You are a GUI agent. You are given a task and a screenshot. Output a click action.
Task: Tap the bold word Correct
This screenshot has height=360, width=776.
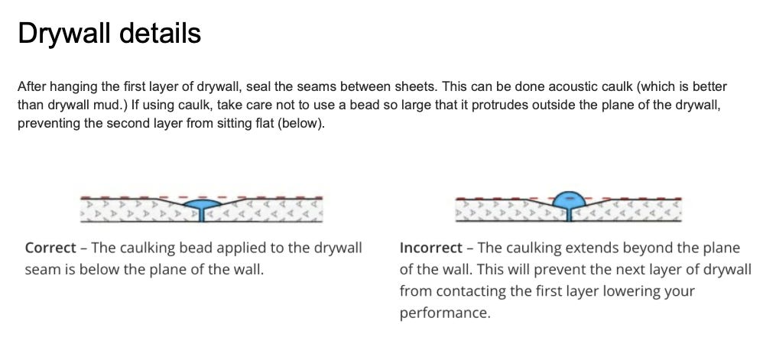click(x=50, y=247)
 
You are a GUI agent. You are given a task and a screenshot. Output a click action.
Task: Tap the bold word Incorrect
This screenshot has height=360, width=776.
click(x=430, y=247)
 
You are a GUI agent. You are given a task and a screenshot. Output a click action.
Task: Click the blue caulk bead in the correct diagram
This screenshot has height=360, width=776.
click(x=203, y=203)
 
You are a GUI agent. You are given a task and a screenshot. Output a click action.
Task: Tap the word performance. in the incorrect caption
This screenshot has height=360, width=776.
click(x=445, y=313)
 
